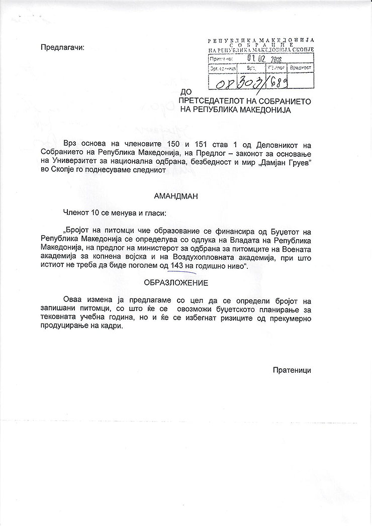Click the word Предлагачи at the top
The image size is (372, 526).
click(x=63, y=48)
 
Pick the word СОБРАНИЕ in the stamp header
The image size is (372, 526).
click(x=260, y=44)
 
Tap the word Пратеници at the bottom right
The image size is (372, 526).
click(x=292, y=370)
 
